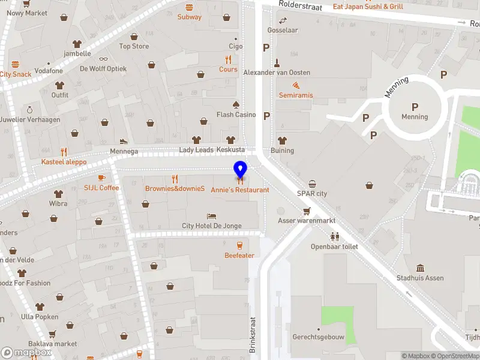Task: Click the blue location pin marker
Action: [x=240, y=170]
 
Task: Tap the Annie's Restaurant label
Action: [x=239, y=190]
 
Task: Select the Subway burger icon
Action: [x=190, y=7]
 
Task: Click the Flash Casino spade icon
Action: [x=236, y=104]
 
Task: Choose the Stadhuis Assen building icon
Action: [x=420, y=268]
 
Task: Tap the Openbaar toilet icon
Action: [x=334, y=236]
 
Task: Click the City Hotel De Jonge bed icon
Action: [x=211, y=216]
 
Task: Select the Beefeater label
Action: [x=239, y=256]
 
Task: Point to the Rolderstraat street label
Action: [x=300, y=6]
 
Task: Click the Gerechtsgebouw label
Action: [x=318, y=337]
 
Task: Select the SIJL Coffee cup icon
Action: [x=101, y=178]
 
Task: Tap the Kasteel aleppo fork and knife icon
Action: [x=64, y=152]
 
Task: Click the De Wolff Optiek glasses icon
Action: [x=103, y=59]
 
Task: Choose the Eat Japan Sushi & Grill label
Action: [x=368, y=7]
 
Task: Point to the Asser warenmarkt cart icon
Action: [x=307, y=211]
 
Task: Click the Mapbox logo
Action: [x=26, y=353]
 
